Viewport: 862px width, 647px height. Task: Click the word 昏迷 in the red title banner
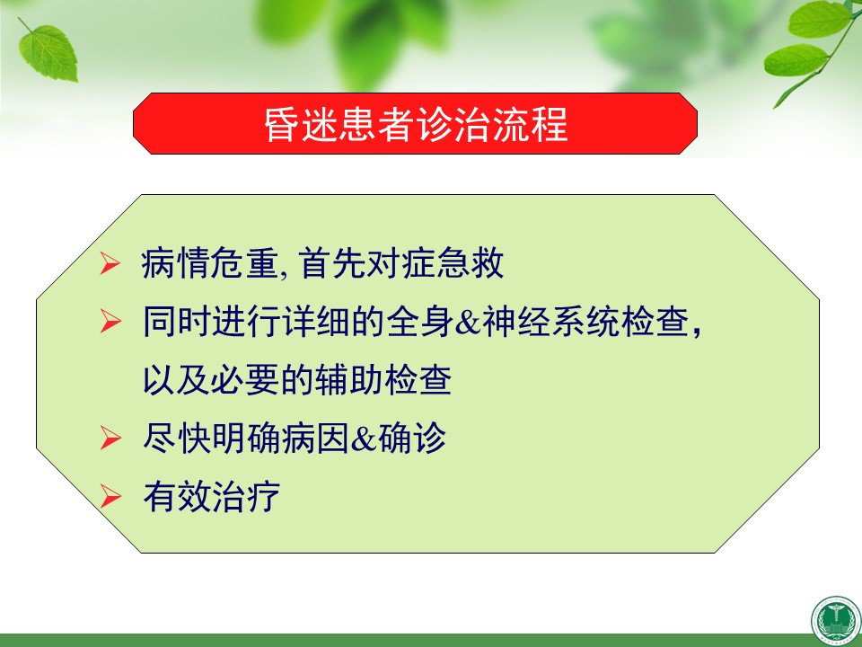tap(301, 124)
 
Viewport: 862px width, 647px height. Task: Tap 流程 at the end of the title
tap(530, 124)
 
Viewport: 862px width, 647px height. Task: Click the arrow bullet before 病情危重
tap(110, 263)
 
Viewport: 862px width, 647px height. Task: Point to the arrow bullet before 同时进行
tap(110, 322)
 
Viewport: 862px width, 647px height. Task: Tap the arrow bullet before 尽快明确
tap(110, 439)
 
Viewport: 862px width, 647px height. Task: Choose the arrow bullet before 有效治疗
tap(110, 496)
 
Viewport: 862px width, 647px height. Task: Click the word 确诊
tap(411, 439)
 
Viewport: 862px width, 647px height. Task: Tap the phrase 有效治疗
tap(212, 496)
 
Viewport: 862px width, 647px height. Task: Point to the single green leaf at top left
tap(48, 52)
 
